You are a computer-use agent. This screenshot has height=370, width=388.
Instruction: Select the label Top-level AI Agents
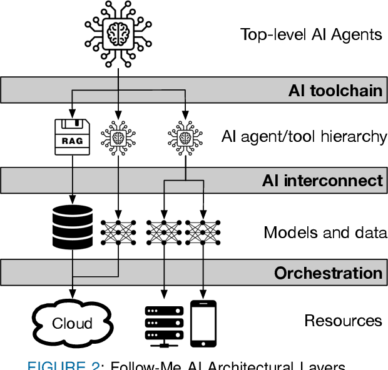(311, 34)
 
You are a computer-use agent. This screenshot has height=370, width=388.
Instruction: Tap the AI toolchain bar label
(335, 91)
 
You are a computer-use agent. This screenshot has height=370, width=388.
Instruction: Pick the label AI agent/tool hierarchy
(304, 136)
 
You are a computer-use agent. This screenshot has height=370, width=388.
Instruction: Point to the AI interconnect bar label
(322, 181)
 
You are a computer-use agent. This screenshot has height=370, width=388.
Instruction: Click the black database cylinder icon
(71, 226)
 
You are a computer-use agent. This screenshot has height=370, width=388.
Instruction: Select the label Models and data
(325, 233)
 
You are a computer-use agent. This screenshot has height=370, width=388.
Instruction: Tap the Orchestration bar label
(328, 273)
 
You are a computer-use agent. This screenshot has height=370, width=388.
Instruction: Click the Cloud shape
(72, 322)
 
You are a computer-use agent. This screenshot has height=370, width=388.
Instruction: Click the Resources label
(343, 321)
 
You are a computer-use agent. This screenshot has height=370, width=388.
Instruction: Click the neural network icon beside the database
(118, 232)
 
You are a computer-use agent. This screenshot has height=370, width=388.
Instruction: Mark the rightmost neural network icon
(203, 232)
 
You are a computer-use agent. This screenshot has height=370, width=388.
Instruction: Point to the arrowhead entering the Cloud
(71, 293)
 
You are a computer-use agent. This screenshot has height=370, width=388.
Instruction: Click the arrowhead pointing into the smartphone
(203, 293)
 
